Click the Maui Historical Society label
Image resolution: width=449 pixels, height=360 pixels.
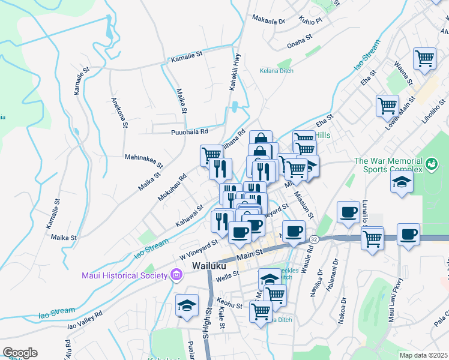(124, 275)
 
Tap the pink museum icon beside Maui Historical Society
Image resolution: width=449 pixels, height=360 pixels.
(176, 275)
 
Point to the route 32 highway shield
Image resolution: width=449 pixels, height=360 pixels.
(314, 239)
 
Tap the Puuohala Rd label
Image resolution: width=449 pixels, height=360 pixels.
(189, 131)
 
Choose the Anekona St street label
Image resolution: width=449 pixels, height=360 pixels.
(118, 112)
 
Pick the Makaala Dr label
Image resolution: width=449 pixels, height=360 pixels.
(268, 20)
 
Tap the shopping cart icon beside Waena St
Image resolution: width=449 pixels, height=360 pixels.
(424, 59)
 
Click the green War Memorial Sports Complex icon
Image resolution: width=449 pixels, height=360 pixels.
(430, 164)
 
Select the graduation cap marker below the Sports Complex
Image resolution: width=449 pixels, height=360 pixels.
(402, 184)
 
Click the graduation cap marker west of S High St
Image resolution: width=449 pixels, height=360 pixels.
(187, 305)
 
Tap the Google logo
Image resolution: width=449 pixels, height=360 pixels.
(20, 353)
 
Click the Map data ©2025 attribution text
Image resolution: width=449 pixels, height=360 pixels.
(423, 355)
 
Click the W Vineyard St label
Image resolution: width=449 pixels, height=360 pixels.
(198, 250)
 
